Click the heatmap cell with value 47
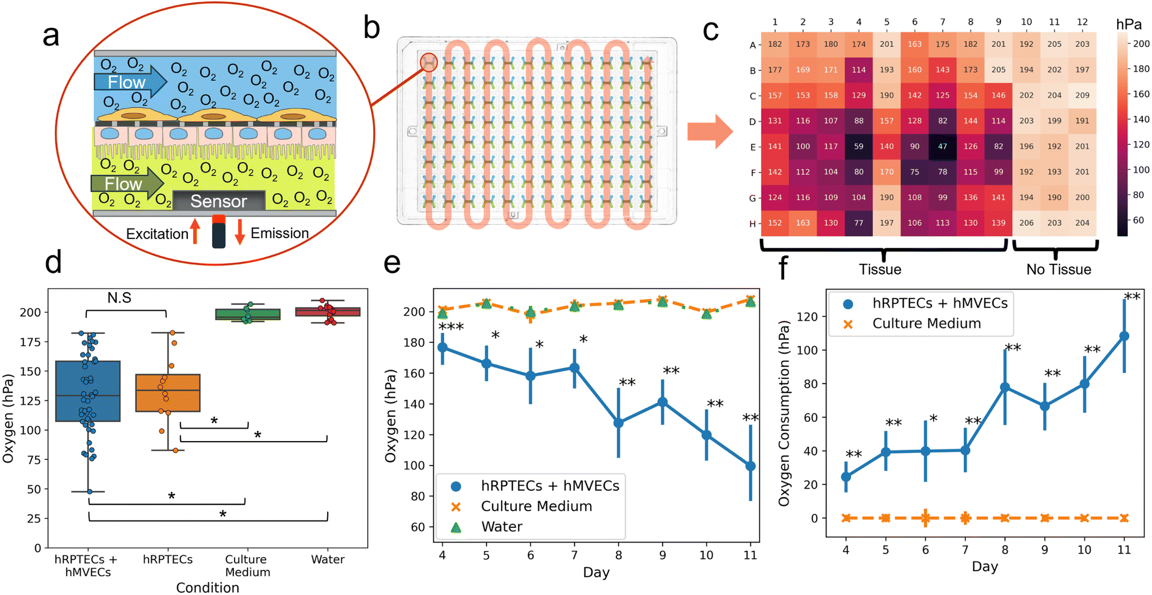[x=942, y=146]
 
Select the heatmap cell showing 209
[x=1082, y=95]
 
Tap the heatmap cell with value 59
[x=859, y=146]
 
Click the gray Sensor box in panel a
[x=218, y=201]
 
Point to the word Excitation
[x=157, y=234]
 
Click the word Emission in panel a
[x=279, y=233]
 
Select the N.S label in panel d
[x=119, y=298]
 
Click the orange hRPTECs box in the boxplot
[x=168, y=393]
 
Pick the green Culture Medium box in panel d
[x=248, y=314]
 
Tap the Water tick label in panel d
[x=328, y=559]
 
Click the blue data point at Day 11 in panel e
[x=750, y=466]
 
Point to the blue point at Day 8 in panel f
[x=1005, y=387]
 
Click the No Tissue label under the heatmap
[x=1058, y=270]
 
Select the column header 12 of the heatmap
[x=1082, y=22]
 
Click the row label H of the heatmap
[x=752, y=224]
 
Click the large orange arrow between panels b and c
[x=710, y=131]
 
